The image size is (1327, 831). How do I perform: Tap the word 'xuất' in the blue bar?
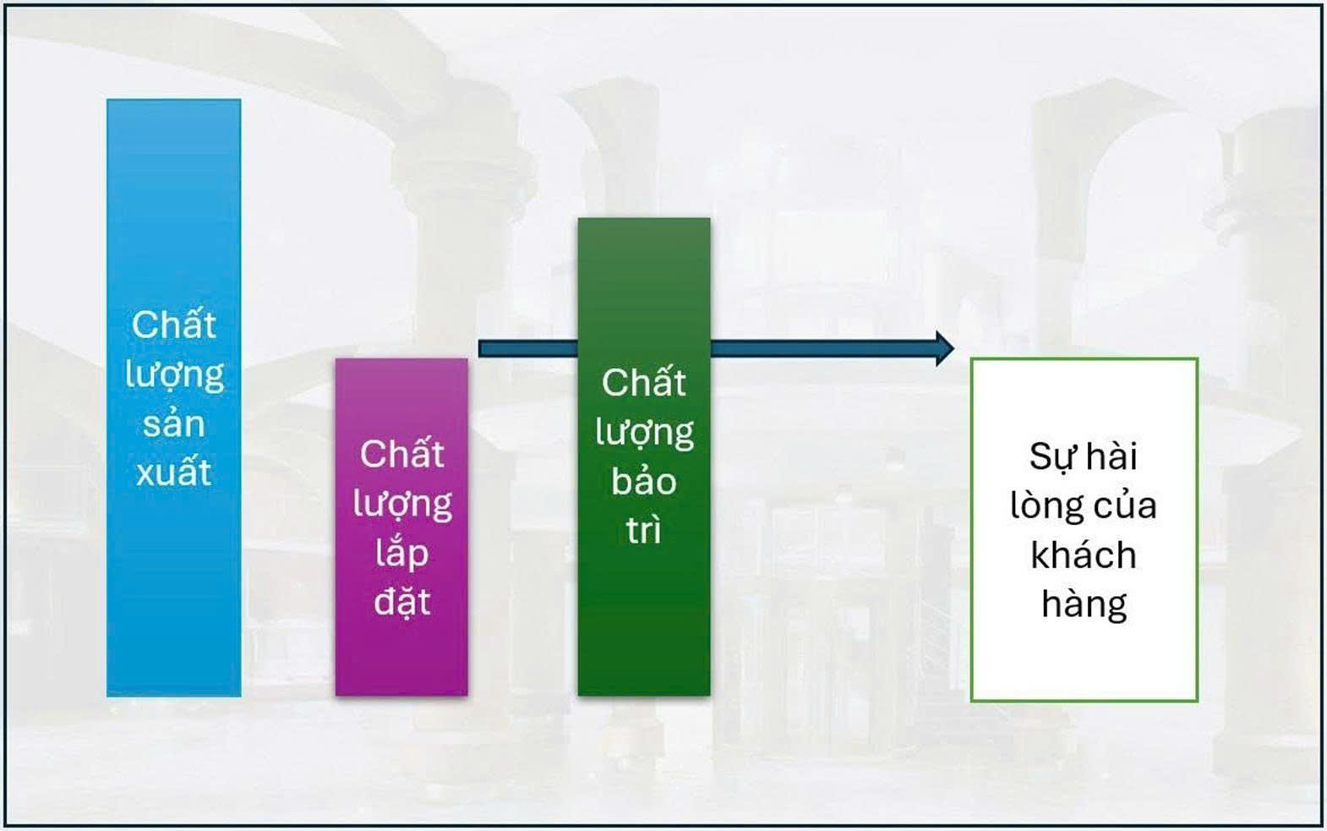173,472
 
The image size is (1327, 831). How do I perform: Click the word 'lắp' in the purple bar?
401,554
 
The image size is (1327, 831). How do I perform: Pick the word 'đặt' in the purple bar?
401,601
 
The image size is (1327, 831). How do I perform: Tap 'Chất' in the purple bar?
401,453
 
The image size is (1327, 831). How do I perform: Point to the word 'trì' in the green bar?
643,528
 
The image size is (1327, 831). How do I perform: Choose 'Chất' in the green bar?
644,382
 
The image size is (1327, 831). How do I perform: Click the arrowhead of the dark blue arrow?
945,348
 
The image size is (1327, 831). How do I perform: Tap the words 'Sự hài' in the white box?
1083,457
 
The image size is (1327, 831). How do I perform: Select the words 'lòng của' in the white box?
1083,505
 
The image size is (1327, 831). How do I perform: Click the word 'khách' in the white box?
1083,555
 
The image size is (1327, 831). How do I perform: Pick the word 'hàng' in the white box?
1084,604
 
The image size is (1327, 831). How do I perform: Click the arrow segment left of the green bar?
527,348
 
